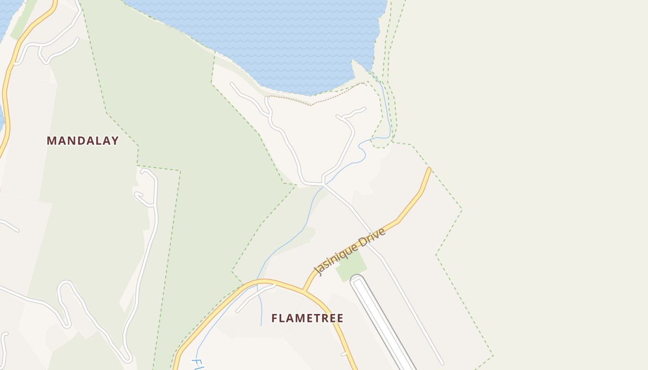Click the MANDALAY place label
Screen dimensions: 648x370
(82, 141)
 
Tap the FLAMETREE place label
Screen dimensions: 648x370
(307, 318)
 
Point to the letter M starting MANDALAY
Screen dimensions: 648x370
(51, 141)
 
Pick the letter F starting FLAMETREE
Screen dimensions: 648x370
(274, 318)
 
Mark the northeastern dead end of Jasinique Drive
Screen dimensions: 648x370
(429, 169)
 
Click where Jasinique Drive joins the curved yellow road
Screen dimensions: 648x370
(304, 290)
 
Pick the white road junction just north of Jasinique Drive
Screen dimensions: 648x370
(324, 185)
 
